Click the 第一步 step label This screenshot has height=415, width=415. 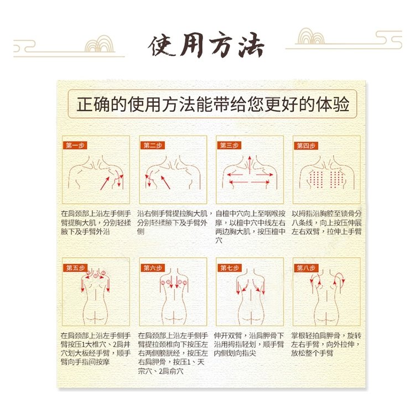[75, 146]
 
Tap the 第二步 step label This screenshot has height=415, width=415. [153, 146]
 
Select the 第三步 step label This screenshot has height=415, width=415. [229, 146]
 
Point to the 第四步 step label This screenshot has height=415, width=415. [306, 146]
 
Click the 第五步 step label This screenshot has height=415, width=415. [75, 268]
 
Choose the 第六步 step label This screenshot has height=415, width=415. [153, 268]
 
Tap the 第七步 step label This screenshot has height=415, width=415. [230, 268]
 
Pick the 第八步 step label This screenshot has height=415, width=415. [306, 268]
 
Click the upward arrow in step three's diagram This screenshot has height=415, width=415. [250, 165]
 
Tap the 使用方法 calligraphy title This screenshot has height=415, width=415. [206, 45]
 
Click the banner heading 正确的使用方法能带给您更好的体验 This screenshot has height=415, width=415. [213, 104]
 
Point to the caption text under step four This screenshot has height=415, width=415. [326, 222]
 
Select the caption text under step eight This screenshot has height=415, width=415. [326, 344]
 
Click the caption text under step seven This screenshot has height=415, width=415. [249, 344]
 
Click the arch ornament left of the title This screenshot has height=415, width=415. [100, 44]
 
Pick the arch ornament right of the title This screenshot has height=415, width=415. [311, 36]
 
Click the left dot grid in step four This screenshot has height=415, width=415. [316, 179]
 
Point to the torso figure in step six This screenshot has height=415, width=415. [173, 297]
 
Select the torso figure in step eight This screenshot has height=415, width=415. [327, 297]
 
